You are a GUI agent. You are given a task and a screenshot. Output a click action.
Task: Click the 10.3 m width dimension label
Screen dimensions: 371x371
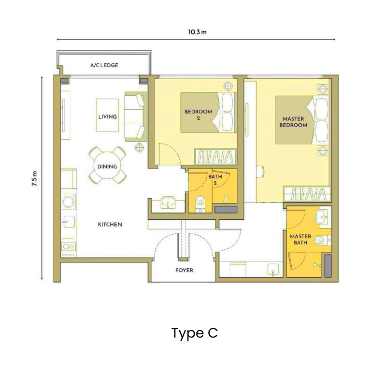click(197, 32)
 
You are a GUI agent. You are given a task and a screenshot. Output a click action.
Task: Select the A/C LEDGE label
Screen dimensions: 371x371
click(104, 65)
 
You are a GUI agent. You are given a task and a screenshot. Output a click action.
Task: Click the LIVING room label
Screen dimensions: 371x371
click(107, 116)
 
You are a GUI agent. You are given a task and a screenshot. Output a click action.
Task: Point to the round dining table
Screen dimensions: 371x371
click(107, 166)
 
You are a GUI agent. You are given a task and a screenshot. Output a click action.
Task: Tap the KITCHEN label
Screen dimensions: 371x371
click(110, 224)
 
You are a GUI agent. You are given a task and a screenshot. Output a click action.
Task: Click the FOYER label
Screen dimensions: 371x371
click(184, 270)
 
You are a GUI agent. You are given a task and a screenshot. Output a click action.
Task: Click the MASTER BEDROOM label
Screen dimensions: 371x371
click(295, 121)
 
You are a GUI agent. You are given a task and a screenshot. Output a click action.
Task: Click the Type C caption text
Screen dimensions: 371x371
click(195, 333)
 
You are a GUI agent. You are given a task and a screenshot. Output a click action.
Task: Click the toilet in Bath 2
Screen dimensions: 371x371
click(200, 203)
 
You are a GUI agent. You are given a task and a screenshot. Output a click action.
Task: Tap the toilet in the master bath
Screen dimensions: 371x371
click(322, 240)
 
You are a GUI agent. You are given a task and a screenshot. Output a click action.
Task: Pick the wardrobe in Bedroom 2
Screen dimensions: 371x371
click(215, 157)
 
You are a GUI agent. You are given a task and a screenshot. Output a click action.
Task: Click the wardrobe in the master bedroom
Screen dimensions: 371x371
click(306, 194)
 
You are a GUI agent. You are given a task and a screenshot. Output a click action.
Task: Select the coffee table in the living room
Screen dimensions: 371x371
click(107, 115)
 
